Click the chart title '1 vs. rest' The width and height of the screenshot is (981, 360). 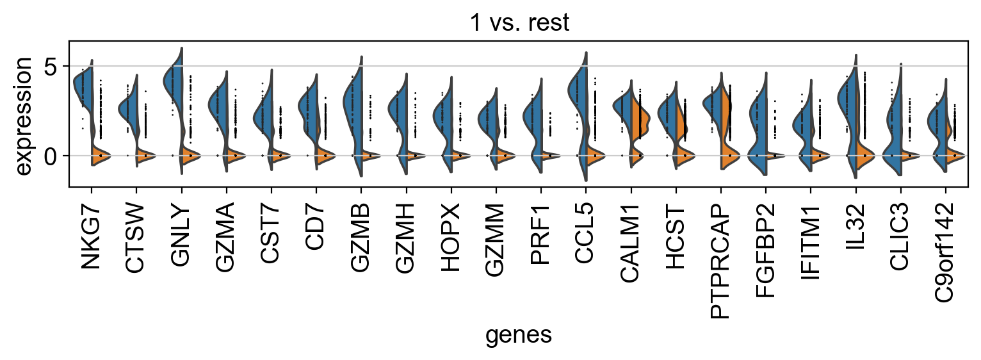519,22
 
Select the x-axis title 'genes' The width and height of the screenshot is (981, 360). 519,335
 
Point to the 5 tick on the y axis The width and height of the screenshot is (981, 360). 51,66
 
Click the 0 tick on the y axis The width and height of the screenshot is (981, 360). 51,156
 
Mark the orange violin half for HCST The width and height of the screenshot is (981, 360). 683,125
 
